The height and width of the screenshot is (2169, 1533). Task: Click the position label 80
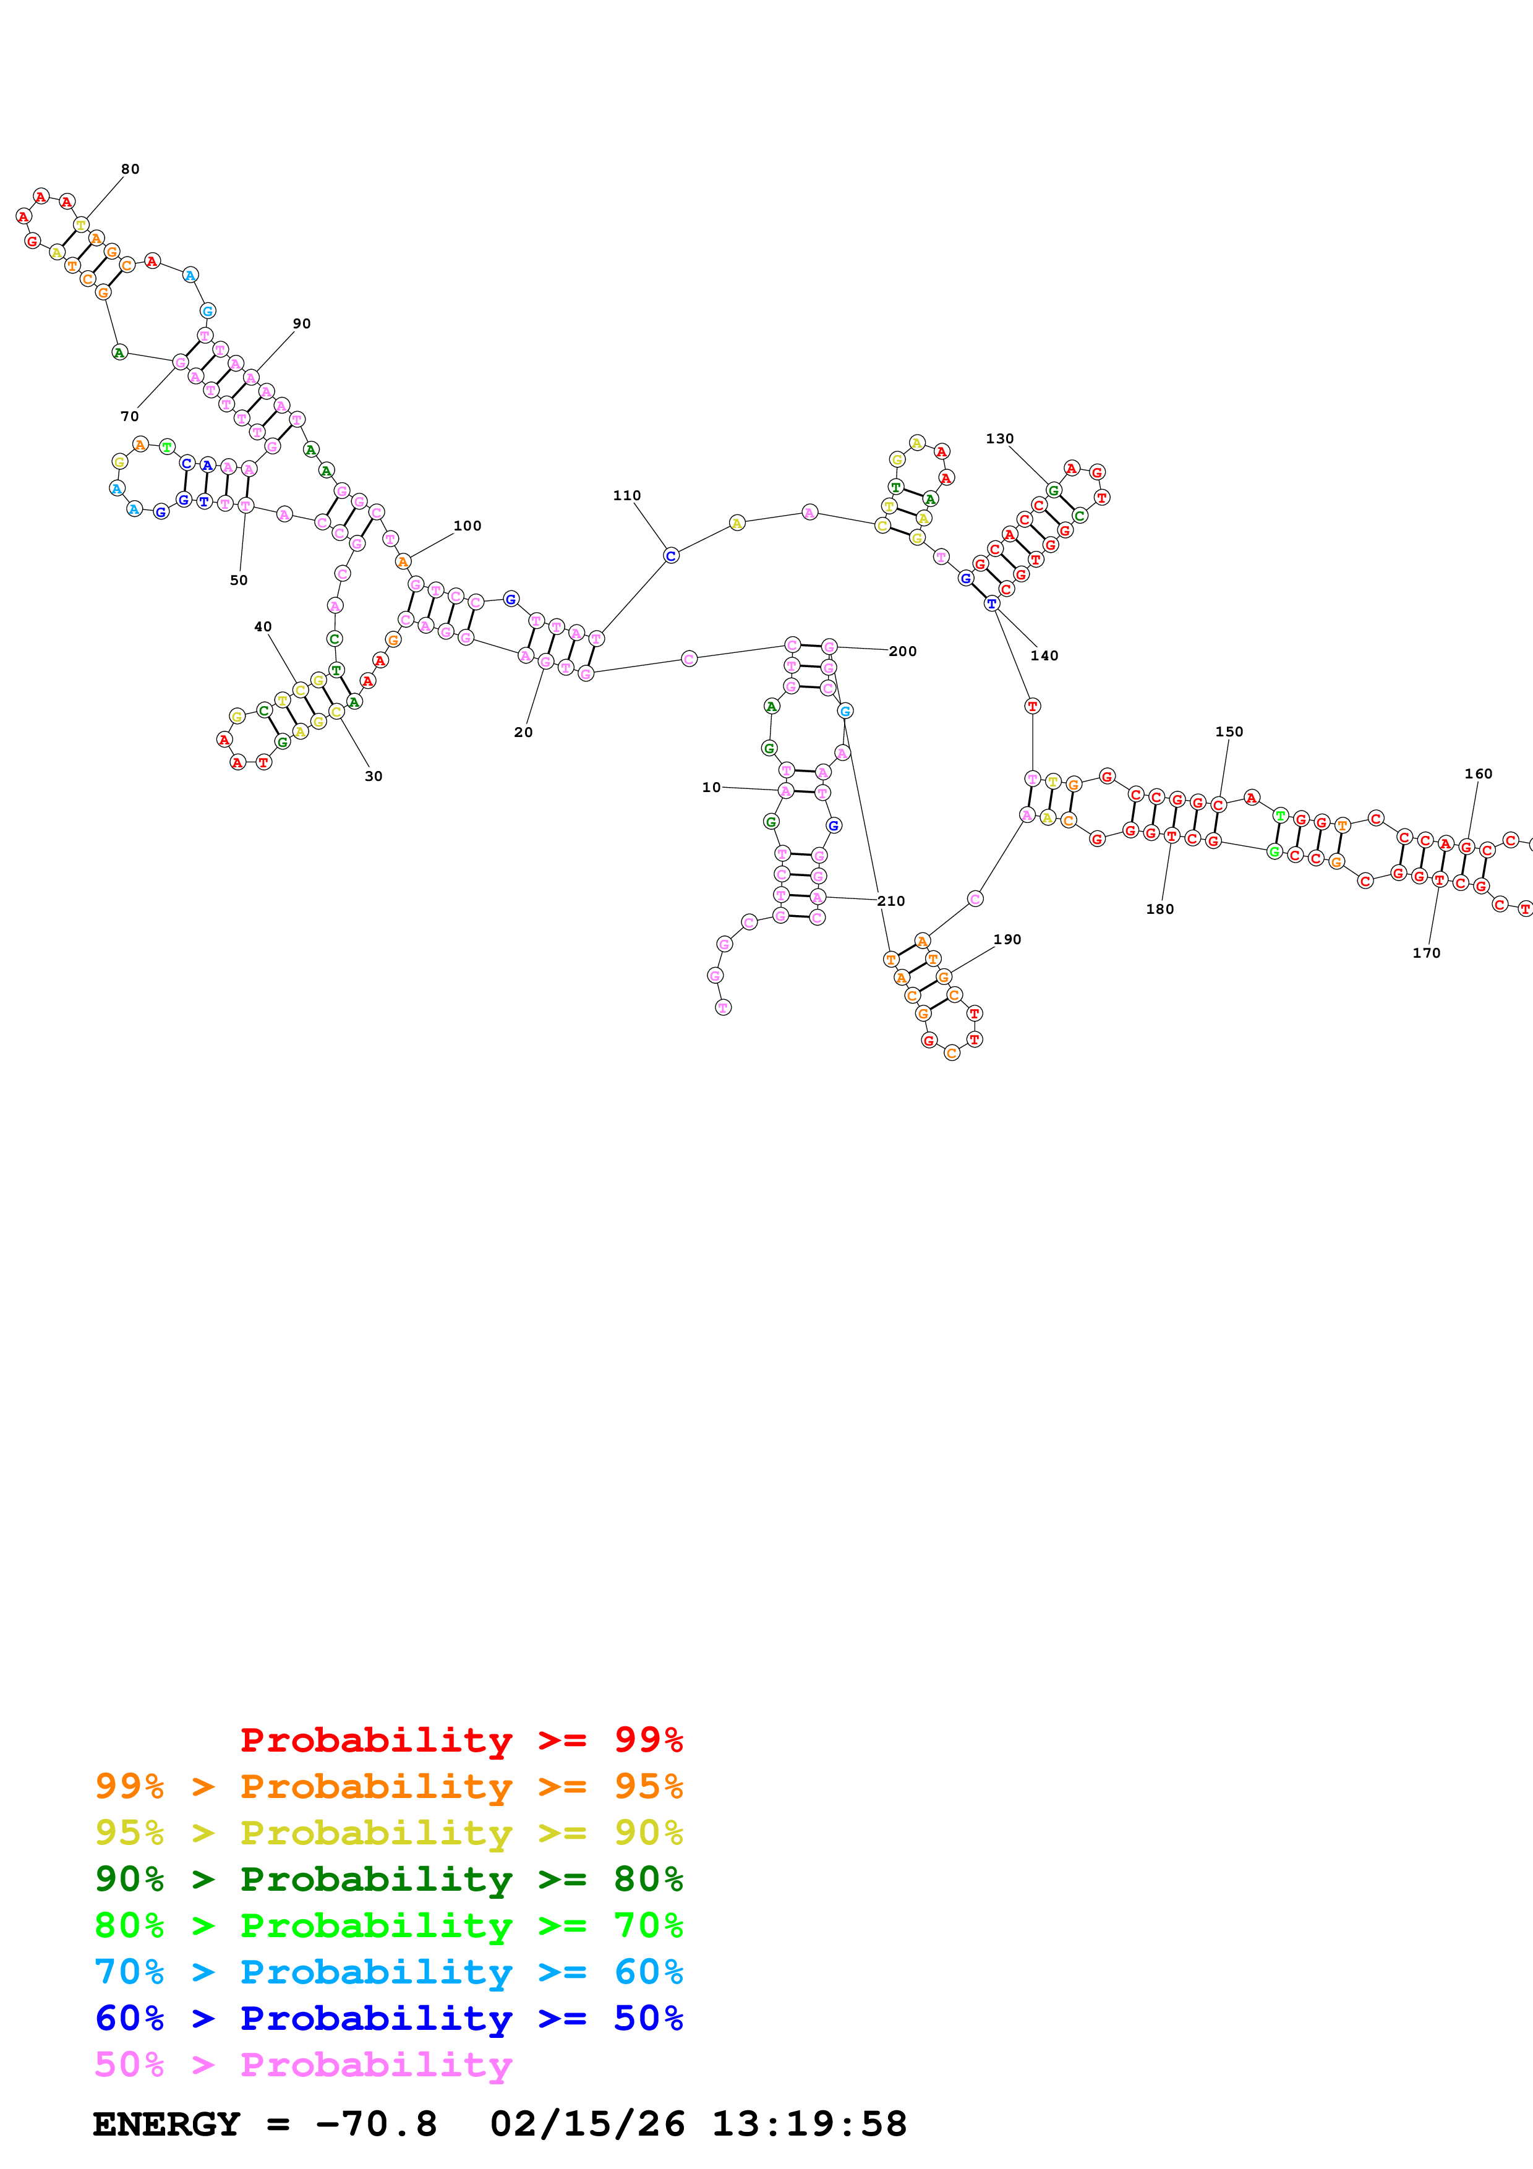(x=130, y=169)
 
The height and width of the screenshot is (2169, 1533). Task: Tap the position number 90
(x=301, y=323)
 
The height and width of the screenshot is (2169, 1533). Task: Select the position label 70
(x=129, y=415)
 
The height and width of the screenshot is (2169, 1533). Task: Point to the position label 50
(x=239, y=580)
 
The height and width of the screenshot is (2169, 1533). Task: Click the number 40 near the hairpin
(x=263, y=626)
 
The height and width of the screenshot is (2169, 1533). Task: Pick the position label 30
(x=373, y=775)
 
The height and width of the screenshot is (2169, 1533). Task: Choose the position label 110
(x=626, y=495)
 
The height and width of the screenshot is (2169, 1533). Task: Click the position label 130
(x=999, y=438)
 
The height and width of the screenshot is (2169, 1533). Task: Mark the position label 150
(x=1229, y=731)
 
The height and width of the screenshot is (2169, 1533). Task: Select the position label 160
(x=1478, y=773)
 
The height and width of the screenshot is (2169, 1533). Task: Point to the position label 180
(x=1160, y=909)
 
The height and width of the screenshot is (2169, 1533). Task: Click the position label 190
(x=1007, y=939)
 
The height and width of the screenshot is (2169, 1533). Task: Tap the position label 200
(x=902, y=651)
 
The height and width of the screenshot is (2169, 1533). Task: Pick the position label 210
(x=890, y=900)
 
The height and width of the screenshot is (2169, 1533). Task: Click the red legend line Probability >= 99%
(x=461, y=1739)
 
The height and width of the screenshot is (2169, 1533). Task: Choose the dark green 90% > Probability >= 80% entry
(x=388, y=1879)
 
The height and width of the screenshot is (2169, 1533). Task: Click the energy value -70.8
(x=376, y=2124)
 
